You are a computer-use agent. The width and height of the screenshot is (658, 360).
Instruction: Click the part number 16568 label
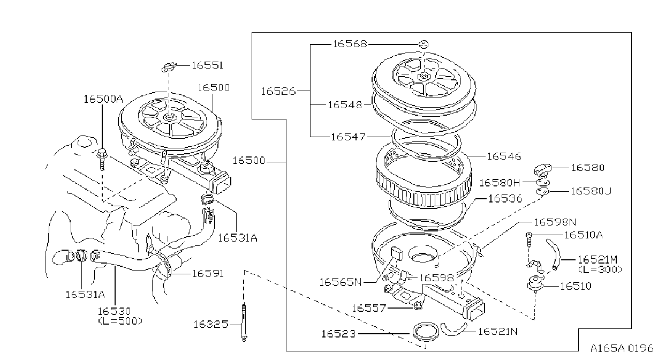350,44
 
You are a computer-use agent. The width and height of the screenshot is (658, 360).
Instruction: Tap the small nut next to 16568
423,44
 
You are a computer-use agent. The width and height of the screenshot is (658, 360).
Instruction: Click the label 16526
278,92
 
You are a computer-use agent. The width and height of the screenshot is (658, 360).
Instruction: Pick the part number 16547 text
348,137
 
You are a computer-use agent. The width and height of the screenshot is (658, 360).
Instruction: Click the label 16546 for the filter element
504,156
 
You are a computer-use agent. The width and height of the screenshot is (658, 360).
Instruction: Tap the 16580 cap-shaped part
542,170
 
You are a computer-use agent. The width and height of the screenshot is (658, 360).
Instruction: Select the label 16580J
591,191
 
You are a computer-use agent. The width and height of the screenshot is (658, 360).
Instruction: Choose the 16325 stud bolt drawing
244,322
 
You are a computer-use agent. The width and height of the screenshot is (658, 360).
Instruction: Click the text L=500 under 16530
120,321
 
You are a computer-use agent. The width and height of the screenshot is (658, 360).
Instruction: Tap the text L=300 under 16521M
600,269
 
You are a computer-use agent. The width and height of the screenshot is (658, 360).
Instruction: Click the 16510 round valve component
535,283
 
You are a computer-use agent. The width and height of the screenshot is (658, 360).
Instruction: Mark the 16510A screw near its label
528,240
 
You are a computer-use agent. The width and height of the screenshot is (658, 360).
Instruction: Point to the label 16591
208,274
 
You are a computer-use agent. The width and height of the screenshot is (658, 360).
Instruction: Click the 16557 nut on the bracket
418,306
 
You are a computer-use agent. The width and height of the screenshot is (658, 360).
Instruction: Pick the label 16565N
340,282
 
